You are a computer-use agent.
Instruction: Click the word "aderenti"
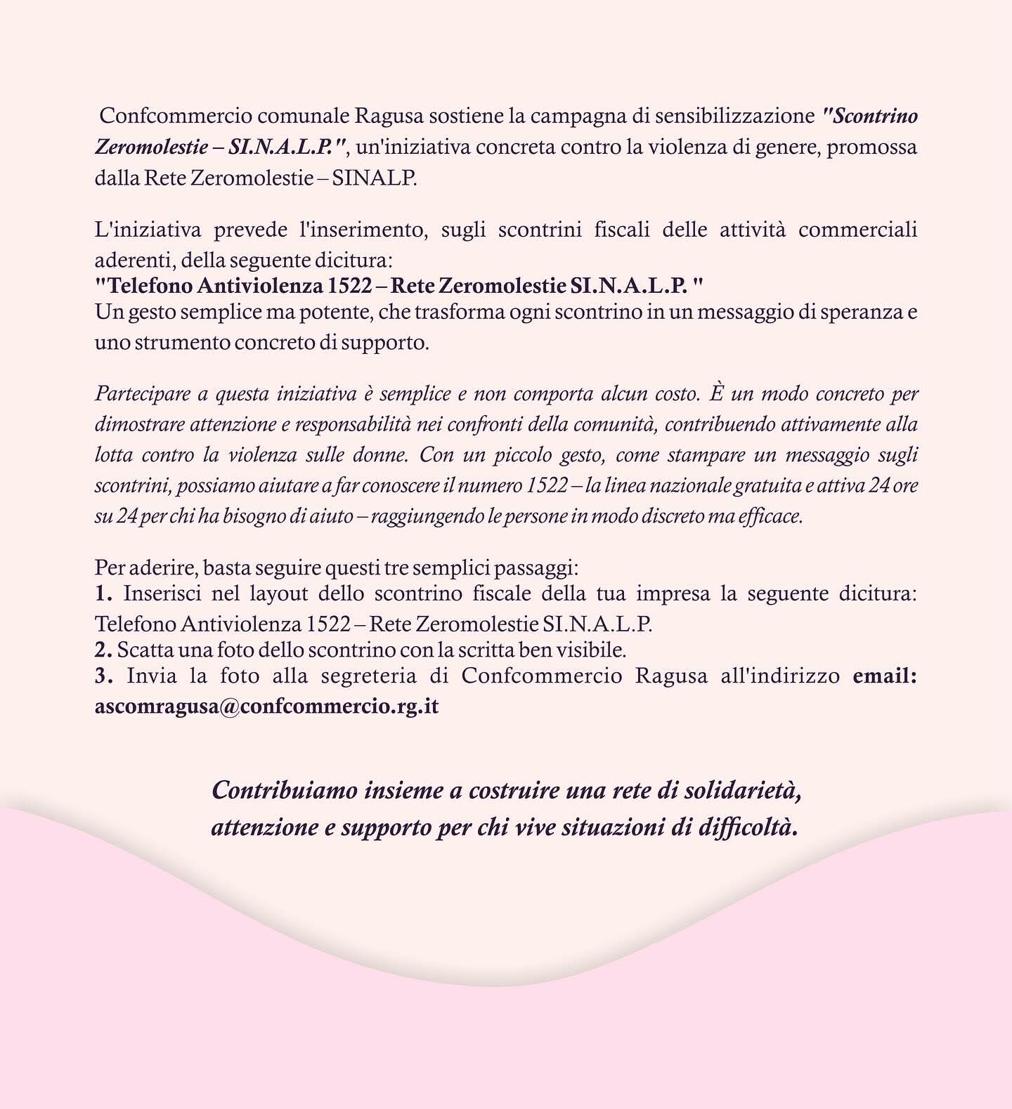(x=134, y=261)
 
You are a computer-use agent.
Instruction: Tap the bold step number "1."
(x=104, y=594)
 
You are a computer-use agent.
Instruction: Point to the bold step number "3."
(x=104, y=676)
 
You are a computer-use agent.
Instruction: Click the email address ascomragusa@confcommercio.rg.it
(x=266, y=706)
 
